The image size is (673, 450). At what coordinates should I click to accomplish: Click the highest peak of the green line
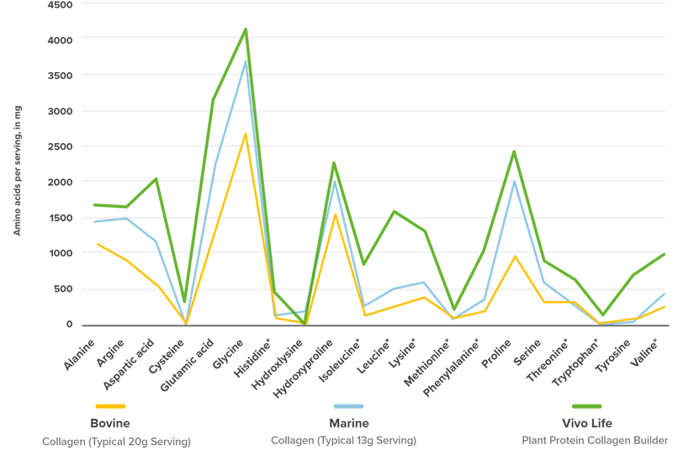coord(245,29)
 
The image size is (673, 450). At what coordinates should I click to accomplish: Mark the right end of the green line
coord(666,252)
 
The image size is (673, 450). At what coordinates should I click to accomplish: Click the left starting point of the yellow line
coord(96,243)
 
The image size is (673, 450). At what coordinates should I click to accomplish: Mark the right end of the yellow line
coord(666,307)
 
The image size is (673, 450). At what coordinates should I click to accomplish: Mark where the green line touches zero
coord(304,322)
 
